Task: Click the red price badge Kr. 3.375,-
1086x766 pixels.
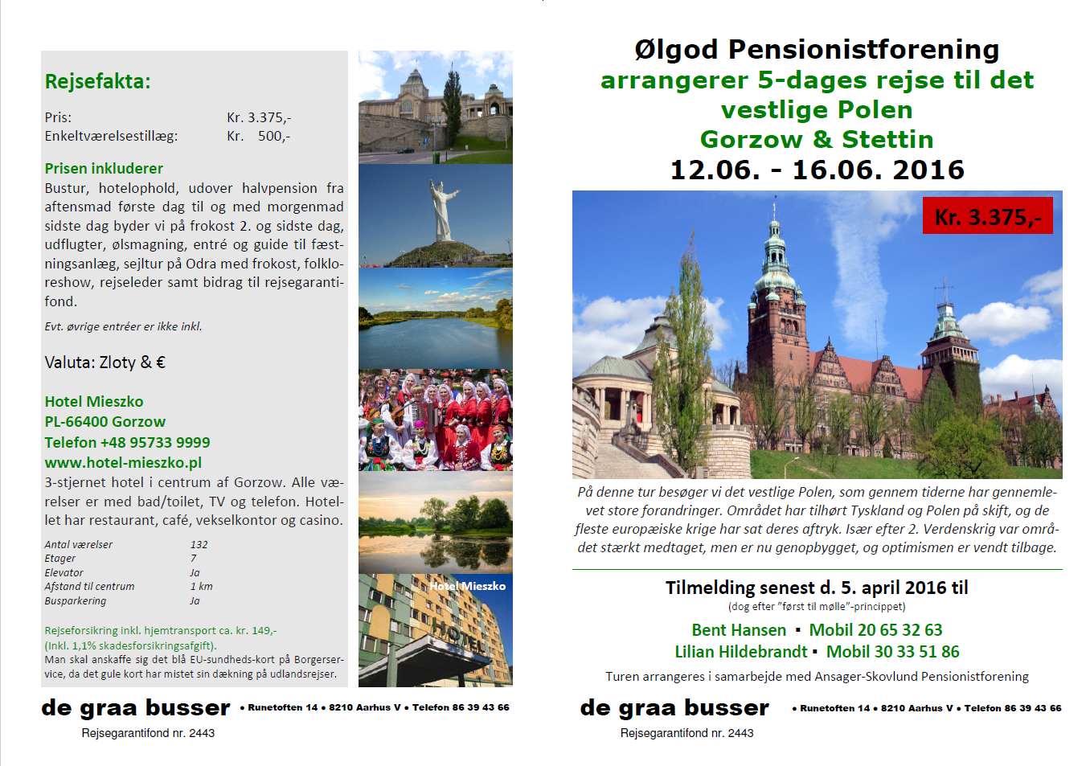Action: pyautogui.click(x=988, y=215)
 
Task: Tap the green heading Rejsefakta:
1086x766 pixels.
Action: pyautogui.click(x=97, y=81)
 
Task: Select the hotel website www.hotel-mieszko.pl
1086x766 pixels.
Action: pyautogui.click(x=123, y=462)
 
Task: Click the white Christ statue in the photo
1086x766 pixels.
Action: pyautogui.click(x=443, y=211)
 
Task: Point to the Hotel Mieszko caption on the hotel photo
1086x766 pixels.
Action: pyautogui.click(x=467, y=586)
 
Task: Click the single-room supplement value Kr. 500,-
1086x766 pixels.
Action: pyautogui.click(x=258, y=136)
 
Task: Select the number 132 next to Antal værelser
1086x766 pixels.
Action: pyautogui.click(x=199, y=544)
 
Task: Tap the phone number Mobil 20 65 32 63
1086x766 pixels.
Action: pyautogui.click(x=875, y=630)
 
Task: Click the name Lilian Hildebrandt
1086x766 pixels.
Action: pyautogui.click(x=741, y=652)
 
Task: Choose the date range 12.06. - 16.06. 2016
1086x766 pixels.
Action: pyautogui.click(x=818, y=170)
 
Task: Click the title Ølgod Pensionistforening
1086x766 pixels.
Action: pyautogui.click(x=817, y=50)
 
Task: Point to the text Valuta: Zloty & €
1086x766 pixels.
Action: pyautogui.click(x=105, y=363)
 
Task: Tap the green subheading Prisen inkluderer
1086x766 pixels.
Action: pyautogui.click(x=104, y=168)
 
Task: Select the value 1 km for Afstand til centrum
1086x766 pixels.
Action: pyautogui.click(x=201, y=586)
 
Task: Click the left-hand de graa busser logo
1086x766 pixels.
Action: pyautogui.click(x=136, y=708)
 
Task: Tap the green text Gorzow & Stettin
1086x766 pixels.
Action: pyautogui.click(x=817, y=140)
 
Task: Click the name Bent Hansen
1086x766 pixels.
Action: pyautogui.click(x=739, y=630)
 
